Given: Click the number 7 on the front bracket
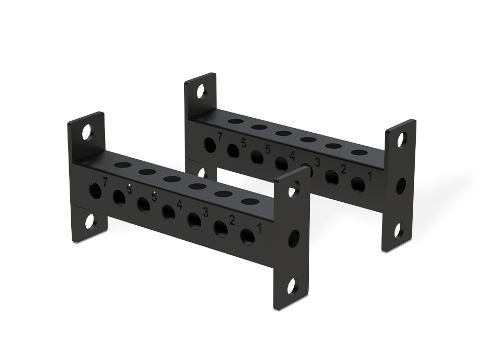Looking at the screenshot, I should pos(106,182).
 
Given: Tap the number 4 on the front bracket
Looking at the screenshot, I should pos(179,204).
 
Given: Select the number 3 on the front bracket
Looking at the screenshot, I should pos(206,212).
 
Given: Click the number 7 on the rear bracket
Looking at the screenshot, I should pos(220,137).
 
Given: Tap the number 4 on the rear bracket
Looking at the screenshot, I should pos(293,156).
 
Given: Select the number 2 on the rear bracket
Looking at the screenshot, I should pos(343,168).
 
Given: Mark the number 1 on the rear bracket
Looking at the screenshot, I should pos(370,176).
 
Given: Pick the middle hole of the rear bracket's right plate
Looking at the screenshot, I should pos(400,185).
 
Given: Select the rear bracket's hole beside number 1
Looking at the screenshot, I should pos(358,183).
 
